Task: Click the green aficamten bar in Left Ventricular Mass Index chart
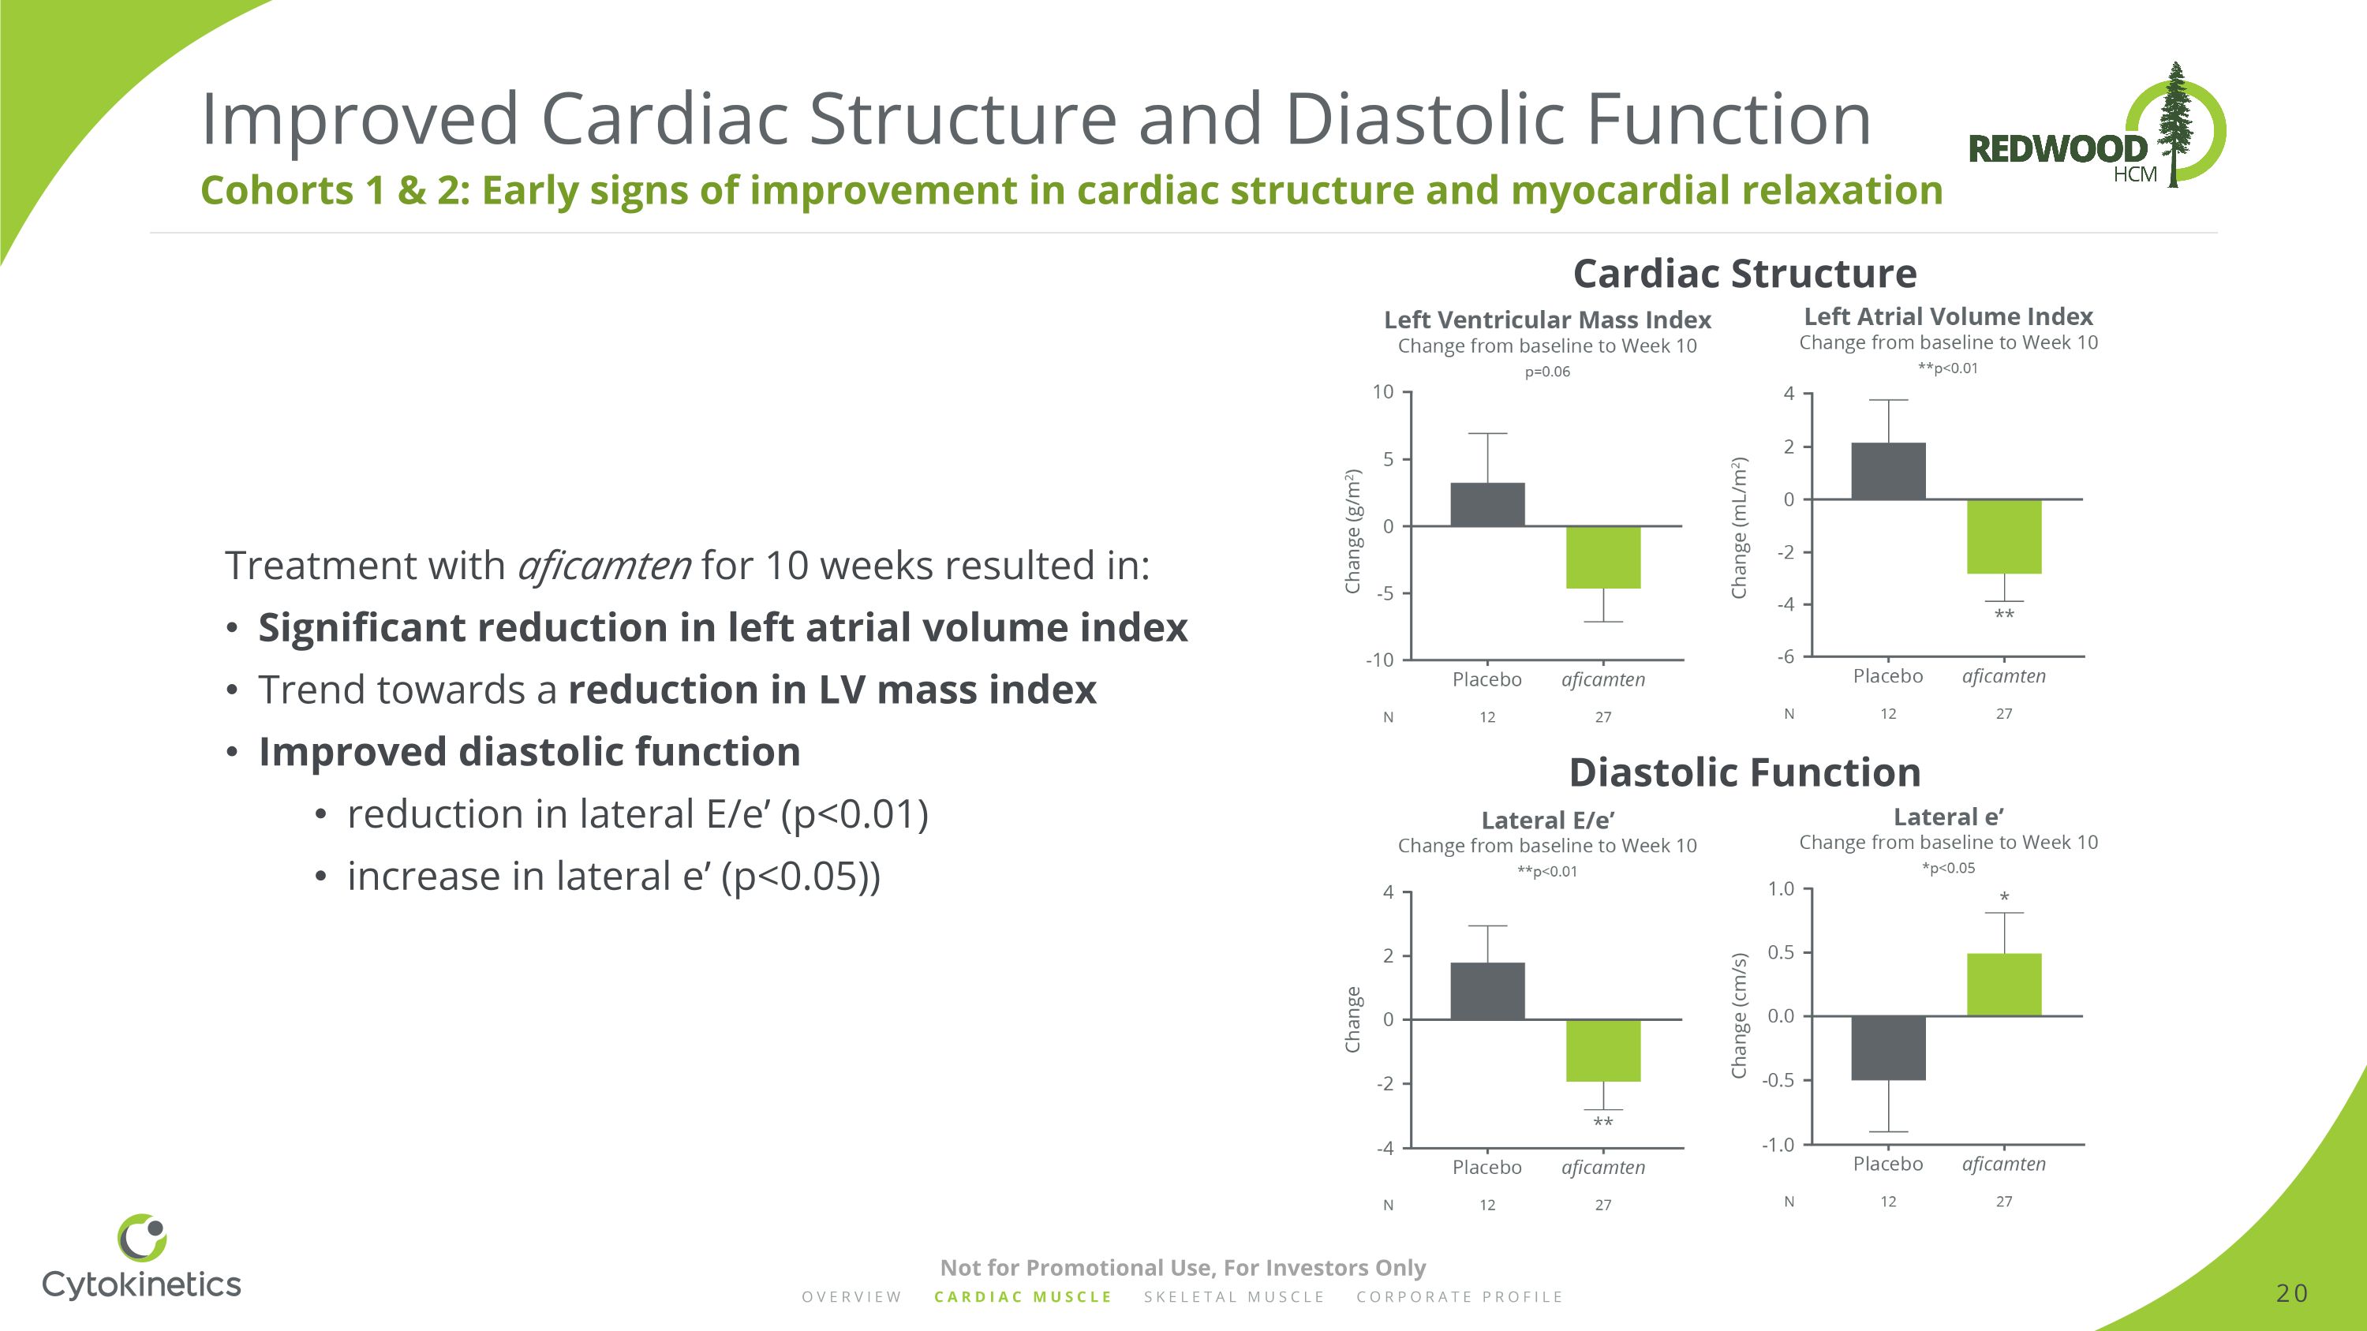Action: [1602, 558]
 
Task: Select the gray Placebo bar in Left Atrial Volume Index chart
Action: [1888, 471]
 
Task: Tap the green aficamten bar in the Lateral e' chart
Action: [2004, 985]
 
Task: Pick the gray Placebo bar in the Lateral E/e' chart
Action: [1486, 991]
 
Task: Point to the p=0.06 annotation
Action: [1547, 372]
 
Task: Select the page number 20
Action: [2292, 1293]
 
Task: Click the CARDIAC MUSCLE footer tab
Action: [1023, 1297]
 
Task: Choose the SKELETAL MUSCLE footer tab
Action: [1234, 1297]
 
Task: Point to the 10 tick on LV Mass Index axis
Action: [1383, 392]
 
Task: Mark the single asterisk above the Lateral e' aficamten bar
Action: [2004, 897]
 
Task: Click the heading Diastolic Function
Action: [1744, 772]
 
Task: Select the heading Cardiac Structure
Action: [1744, 274]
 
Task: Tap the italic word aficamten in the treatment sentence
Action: [604, 566]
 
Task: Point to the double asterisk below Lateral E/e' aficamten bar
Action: [1602, 1123]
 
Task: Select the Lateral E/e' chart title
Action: [1547, 821]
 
